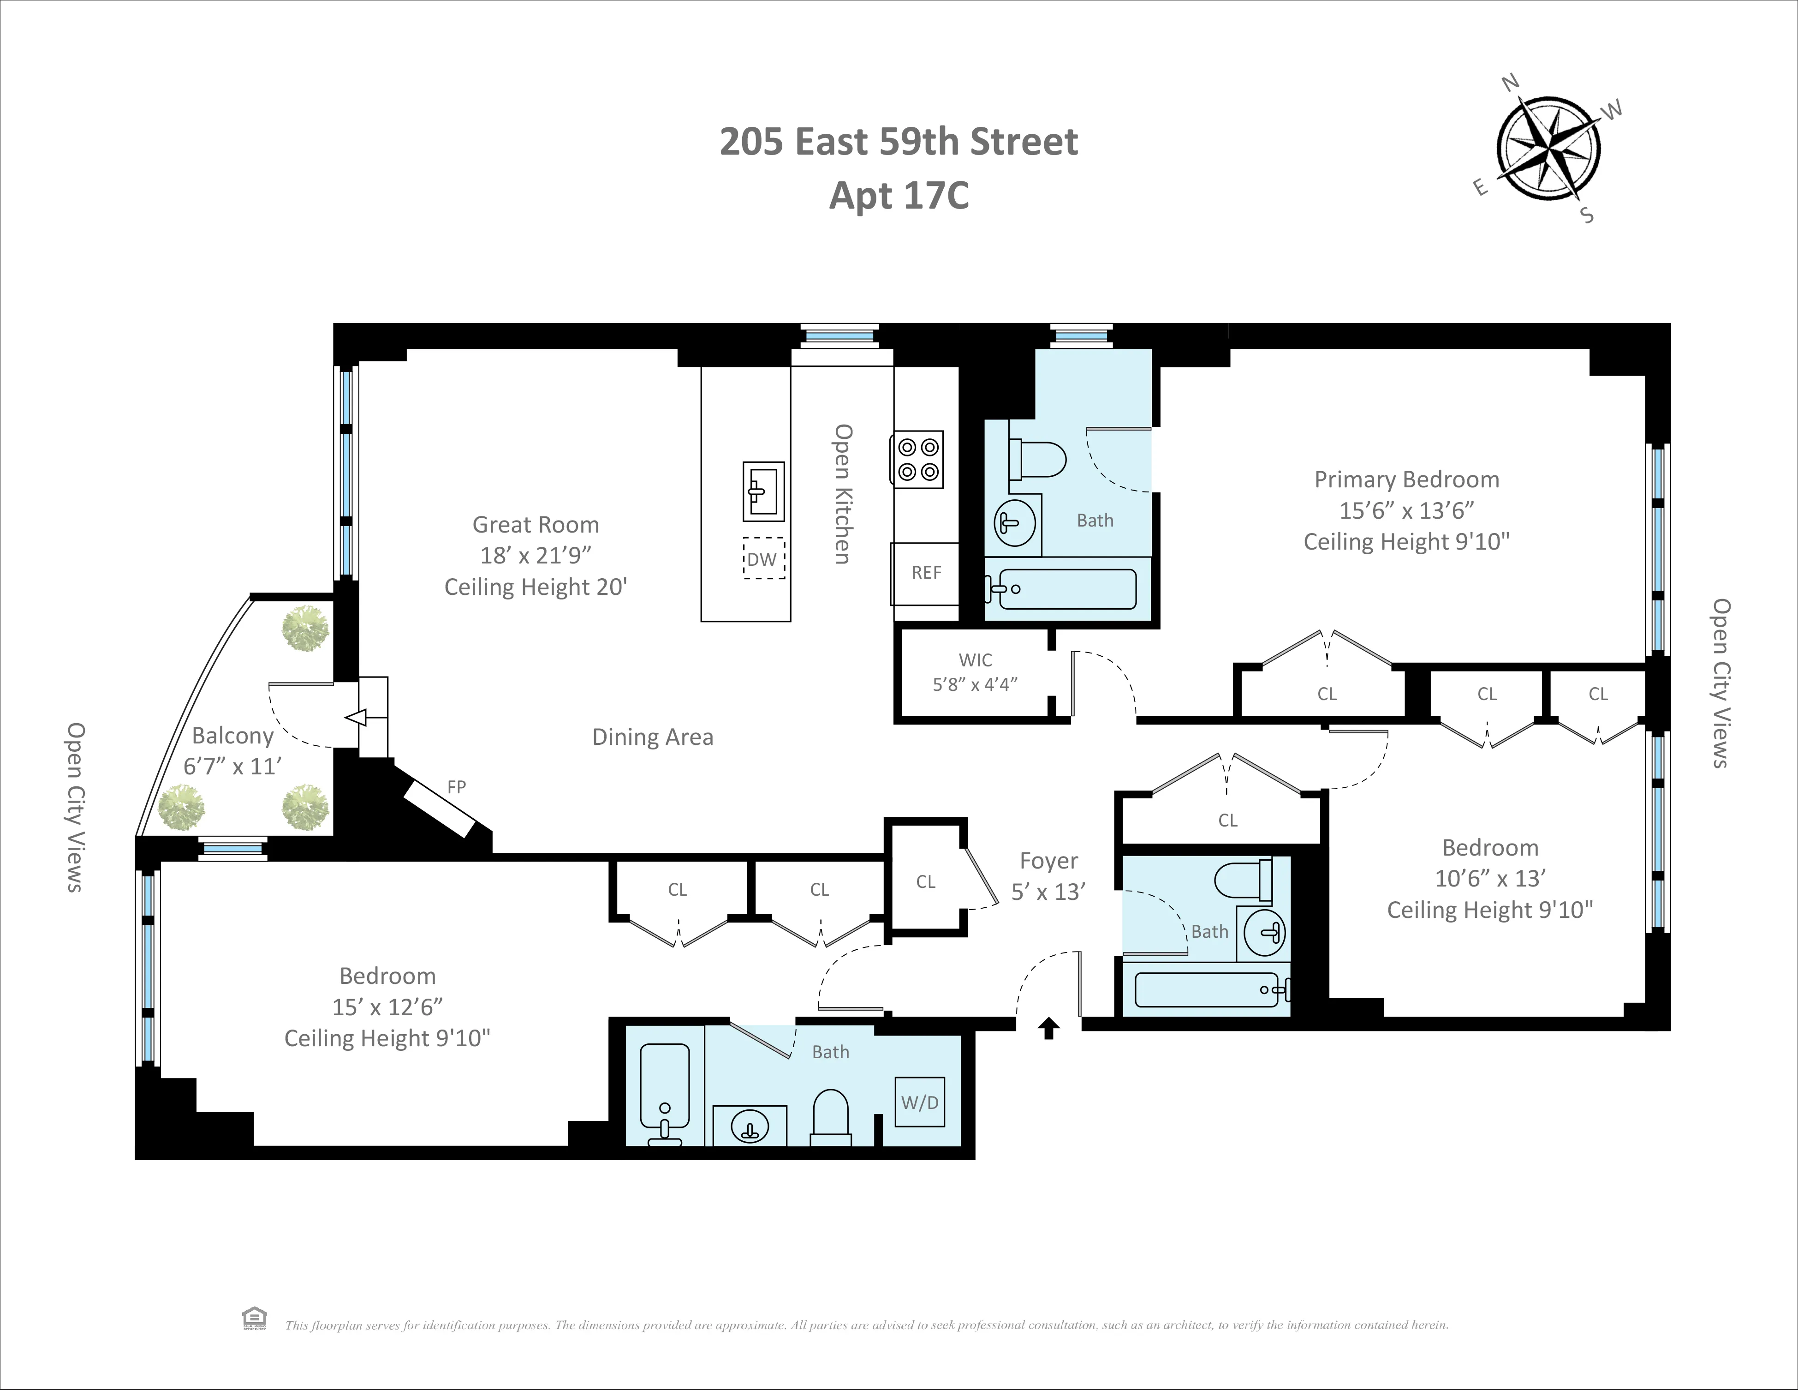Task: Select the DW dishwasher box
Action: coord(763,559)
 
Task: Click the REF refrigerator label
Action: coord(926,572)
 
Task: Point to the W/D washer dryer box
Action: coord(920,1102)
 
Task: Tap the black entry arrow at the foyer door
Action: coord(1048,1029)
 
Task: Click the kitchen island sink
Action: coord(763,491)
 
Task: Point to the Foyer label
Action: coord(1048,861)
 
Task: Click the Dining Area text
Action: coord(652,737)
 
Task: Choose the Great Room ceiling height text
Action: coord(536,587)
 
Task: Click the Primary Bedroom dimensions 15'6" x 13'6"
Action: coord(1406,510)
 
